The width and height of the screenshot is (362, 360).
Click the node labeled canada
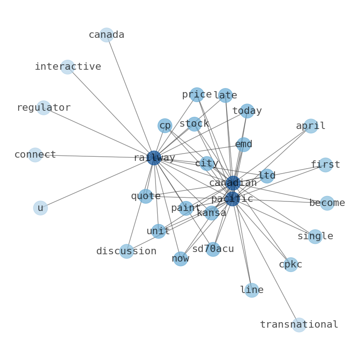coord(106,35)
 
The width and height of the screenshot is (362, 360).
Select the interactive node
coord(67,67)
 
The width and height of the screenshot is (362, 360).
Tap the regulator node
coord(43,108)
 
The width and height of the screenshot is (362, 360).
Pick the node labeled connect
coord(35,155)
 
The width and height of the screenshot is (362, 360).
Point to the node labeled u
coord(41,208)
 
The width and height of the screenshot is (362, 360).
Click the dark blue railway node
coord(154,158)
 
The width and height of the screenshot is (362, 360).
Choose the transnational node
coord(299,325)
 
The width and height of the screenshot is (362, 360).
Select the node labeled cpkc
coord(291,265)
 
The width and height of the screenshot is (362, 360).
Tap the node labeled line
coord(252,290)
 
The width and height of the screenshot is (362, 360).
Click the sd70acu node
coord(213,249)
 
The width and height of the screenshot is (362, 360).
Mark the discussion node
coord(126,252)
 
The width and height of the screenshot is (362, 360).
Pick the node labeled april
coord(310,126)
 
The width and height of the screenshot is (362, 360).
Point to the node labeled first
coord(325,165)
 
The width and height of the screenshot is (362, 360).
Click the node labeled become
coord(327,203)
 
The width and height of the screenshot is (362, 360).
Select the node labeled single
coord(315,237)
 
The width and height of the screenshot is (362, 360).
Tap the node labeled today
coord(247,111)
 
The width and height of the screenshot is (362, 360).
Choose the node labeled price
coord(197,95)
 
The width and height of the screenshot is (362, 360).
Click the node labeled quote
coord(146,196)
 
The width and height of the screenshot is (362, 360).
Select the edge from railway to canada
coord(130,96)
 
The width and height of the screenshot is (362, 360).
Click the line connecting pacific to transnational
coord(266,262)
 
